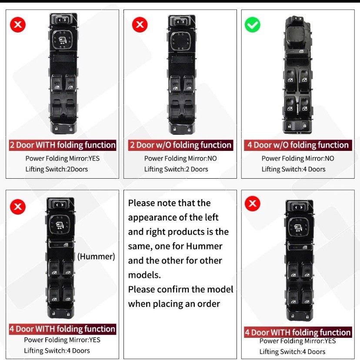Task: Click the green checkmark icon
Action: pos(252,25)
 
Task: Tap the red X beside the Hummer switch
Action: pos(18,207)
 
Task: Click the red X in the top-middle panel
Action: pos(140,25)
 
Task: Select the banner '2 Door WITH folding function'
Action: pos(63,145)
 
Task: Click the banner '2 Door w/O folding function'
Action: pos(180,145)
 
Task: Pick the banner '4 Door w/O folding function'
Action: pos(298,145)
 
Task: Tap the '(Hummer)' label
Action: pos(96,257)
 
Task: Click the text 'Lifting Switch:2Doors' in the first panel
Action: pos(57,169)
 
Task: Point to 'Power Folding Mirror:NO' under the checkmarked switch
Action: pos(298,158)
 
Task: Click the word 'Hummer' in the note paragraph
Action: pos(204,246)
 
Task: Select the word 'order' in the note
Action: pos(210,304)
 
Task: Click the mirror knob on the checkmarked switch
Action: pos(297,36)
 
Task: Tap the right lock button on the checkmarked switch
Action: pos(305,126)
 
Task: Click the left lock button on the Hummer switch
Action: pos(53,313)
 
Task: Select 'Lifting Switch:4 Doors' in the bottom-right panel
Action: pos(292,352)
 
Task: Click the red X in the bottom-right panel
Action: pos(252,203)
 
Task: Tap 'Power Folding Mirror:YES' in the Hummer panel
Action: pos(62,340)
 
